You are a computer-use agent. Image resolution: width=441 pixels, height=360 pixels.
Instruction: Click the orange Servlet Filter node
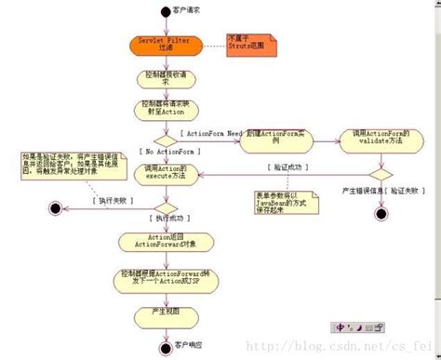pos(164,45)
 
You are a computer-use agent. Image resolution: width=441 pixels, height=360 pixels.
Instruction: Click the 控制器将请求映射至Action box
pos(164,108)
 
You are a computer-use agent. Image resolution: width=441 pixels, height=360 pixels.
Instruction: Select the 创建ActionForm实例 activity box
pos(279,138)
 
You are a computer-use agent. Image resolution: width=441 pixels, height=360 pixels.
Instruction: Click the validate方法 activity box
pos(377,138)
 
